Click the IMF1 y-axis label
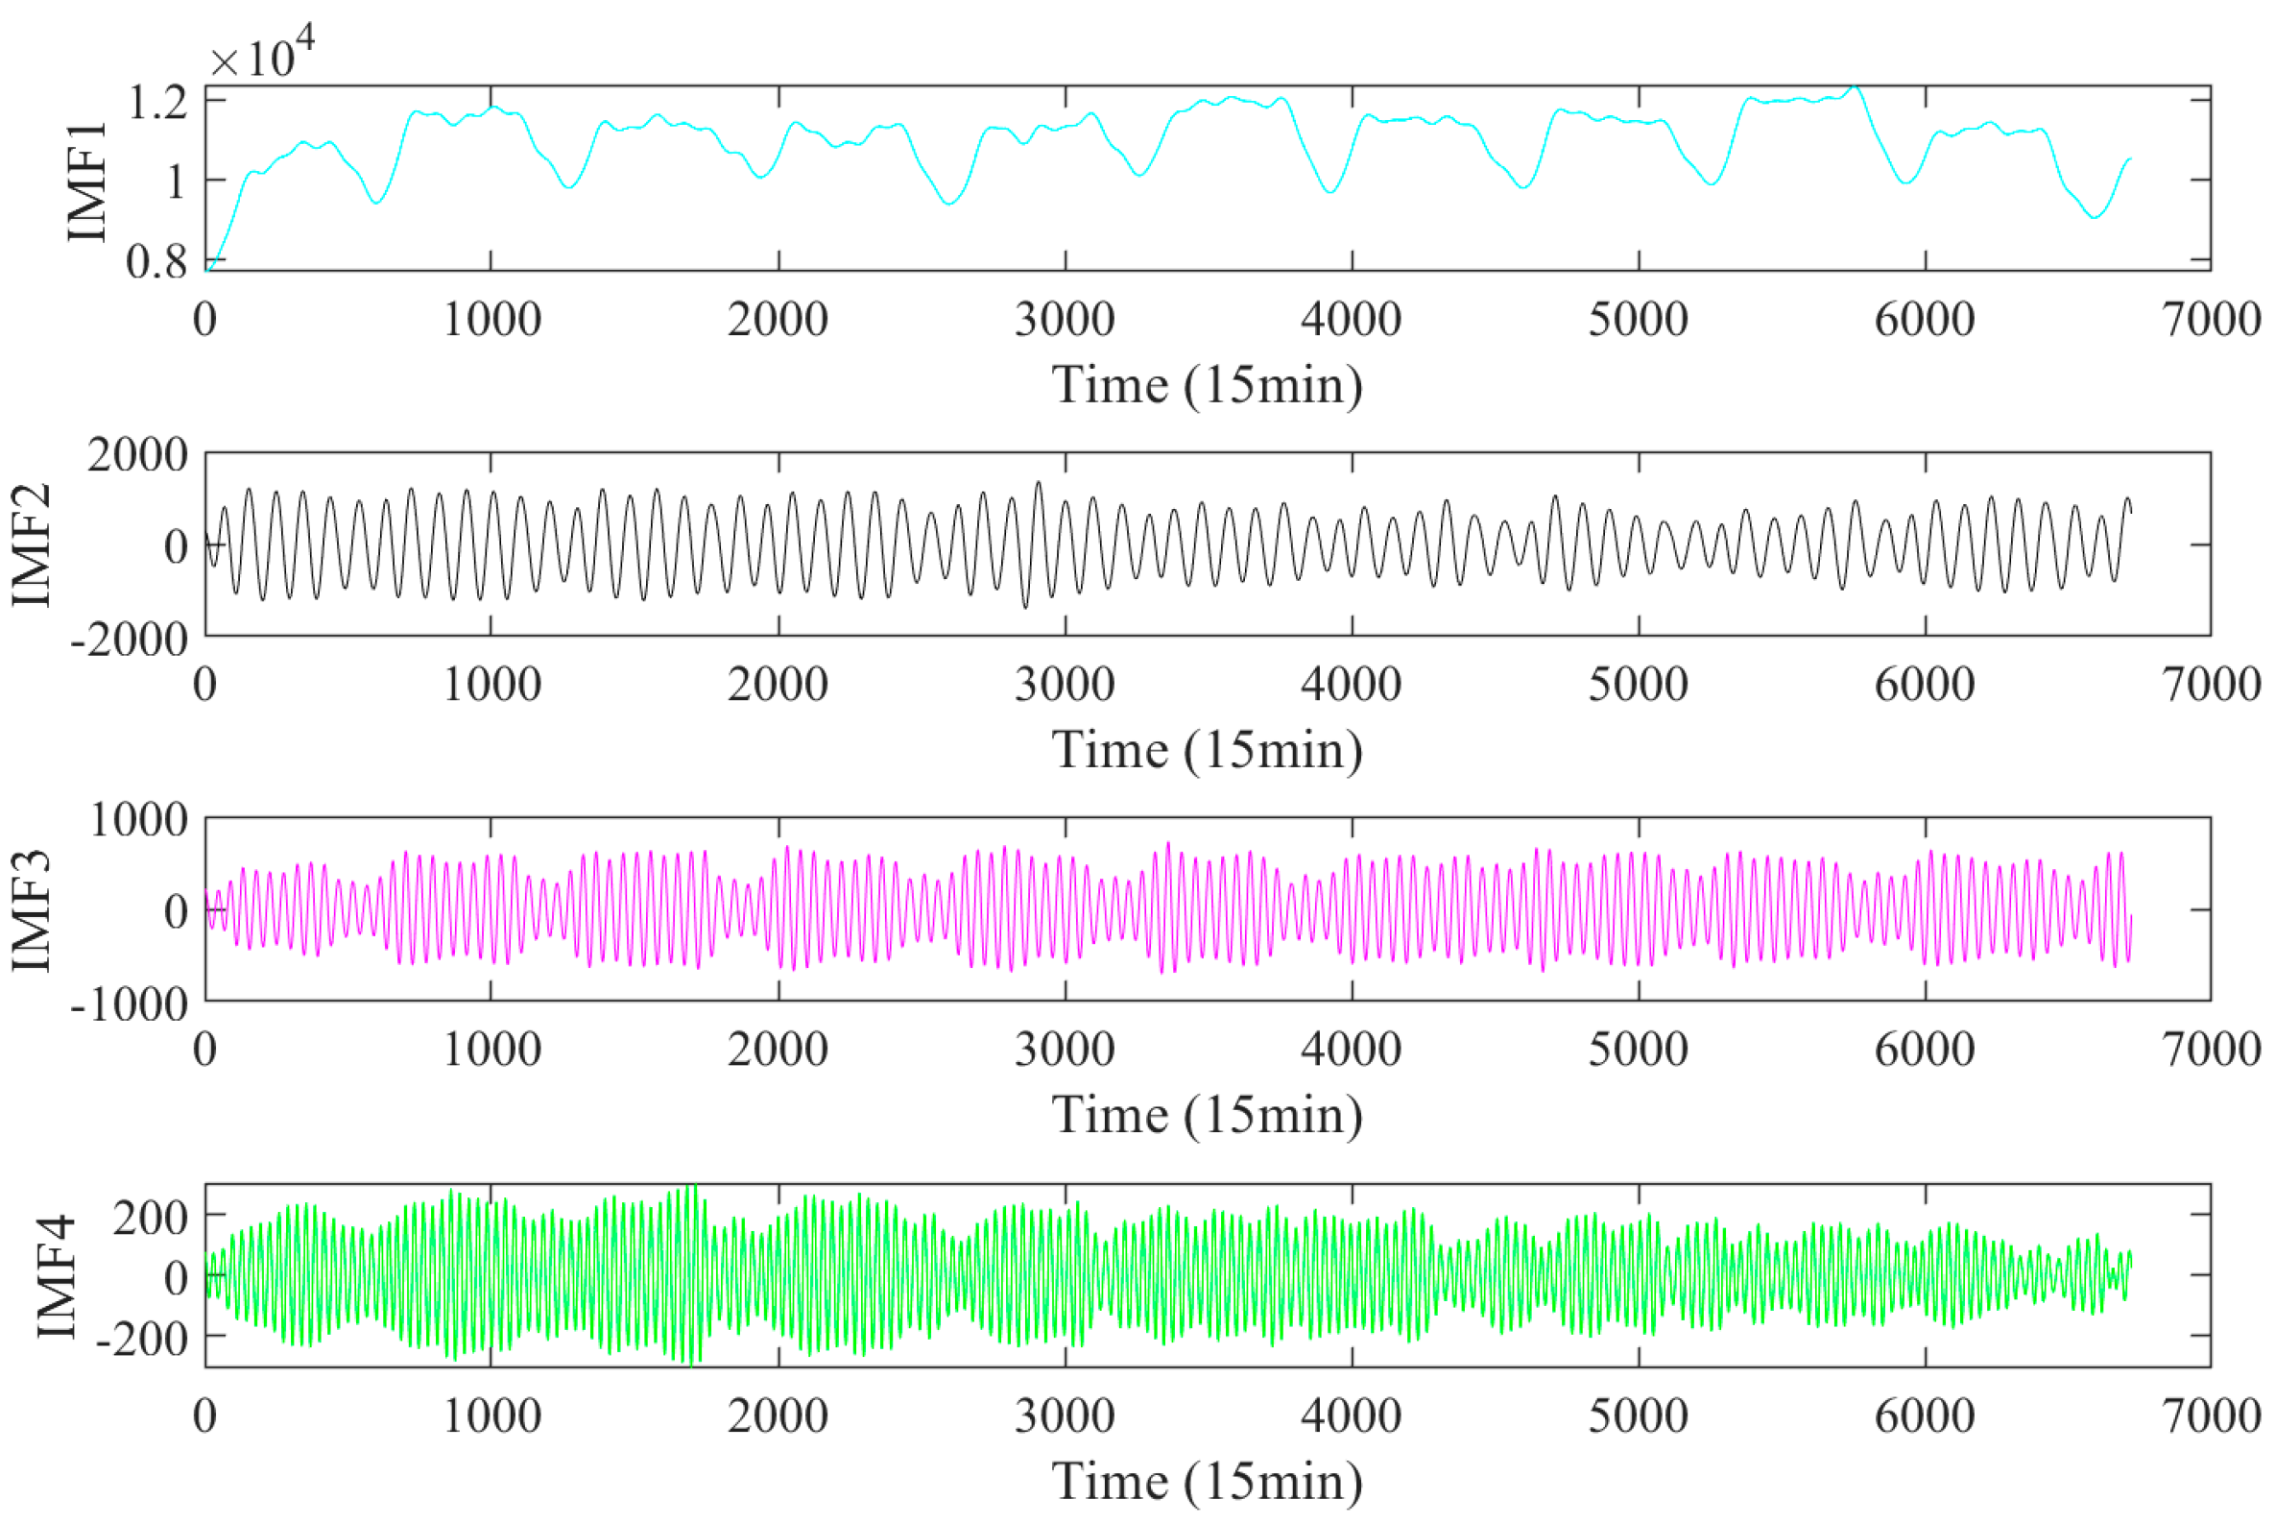87,181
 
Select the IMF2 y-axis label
32,544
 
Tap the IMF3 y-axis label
32,910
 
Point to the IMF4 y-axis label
57,1275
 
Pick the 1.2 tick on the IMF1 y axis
158,102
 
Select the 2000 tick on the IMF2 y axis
138,454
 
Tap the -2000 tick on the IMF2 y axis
130,640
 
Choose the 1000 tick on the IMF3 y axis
139,820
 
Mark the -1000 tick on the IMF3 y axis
130,1003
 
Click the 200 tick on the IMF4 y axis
151,1217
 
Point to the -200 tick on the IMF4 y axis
142,1339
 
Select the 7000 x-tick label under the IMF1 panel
2212,320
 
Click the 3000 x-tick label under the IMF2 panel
1066,685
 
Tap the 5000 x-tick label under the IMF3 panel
1638,1049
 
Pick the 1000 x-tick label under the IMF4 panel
491,1416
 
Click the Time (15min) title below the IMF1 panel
1207,385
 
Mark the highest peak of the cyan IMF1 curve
1855,86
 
